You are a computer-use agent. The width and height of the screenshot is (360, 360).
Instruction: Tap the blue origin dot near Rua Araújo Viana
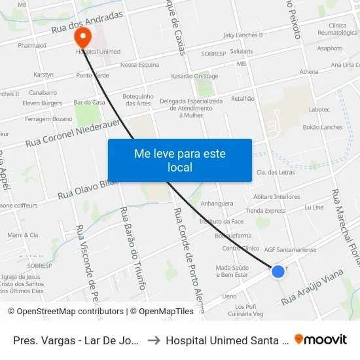pyautogui.click(x=278, y=271)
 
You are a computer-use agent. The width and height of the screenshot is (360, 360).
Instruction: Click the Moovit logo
pyautogui.click(x=321, y=339)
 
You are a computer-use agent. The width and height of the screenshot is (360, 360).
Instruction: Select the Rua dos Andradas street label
pyautogui.click(x=87, y=24)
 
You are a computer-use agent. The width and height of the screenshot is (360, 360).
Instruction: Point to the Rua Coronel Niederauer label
pyautogui.click(x=72, y=132)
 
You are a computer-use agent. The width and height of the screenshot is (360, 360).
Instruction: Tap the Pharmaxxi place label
pyautogui.click(x=31, y=46)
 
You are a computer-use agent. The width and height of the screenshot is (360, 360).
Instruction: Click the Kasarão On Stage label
pyautogui.click(x=194, y=76)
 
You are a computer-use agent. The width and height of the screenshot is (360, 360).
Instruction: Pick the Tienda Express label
pyautogui.click(x=265, y=211)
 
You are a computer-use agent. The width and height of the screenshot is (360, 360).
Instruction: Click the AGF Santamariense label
pyautogui.click(x=290, y=249)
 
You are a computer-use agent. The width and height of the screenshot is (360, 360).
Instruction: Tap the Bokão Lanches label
pyautogui.click(x=323, y=127)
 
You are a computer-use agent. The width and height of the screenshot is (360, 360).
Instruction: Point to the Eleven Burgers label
pyautogui.click(x=42, y=103)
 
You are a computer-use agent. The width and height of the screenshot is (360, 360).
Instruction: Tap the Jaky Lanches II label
pyautogui.click(x=243, y=35)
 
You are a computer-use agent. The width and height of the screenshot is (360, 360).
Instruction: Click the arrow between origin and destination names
pyautogui.click(x=152, y=340)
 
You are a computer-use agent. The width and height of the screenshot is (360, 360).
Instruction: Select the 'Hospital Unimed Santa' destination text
pyautogui.click(x=226, y=340)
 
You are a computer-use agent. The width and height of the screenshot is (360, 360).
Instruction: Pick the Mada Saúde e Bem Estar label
pyautogui.click(x=232, y=271)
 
